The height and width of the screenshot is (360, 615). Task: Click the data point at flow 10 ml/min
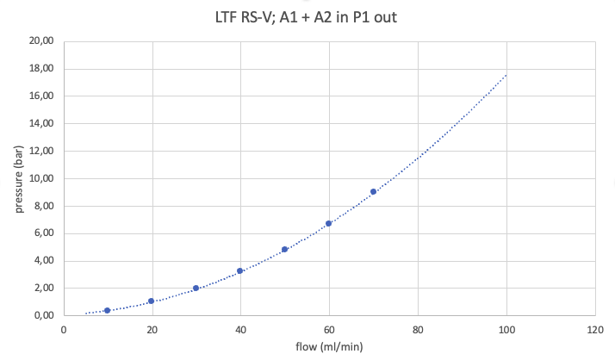(107, 310)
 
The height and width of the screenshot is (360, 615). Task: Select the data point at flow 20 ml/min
(151, 301)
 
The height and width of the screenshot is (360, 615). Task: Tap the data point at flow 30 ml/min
(196, 288)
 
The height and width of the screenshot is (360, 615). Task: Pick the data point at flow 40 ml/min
(240, 270)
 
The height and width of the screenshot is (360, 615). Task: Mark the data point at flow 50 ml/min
(284, 249)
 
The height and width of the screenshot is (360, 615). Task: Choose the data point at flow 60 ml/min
(328, 223)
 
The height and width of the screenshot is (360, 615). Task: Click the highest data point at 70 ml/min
(373, 191)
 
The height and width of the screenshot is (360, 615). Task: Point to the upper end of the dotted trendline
(506, 75)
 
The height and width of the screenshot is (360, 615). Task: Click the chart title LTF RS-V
(307, 16)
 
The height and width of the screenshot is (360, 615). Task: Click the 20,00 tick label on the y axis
(40, 41)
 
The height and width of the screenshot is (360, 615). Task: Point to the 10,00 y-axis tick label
(40, 178)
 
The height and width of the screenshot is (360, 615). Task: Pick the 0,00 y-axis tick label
(43, 315)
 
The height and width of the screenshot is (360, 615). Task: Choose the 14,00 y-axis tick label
(40, 123)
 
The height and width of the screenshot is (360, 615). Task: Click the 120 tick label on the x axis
(594, 330)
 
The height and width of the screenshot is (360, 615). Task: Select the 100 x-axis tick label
(506, 330)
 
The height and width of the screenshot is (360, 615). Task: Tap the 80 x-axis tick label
(418, 330)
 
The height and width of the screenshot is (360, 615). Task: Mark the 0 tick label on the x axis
(63, 330)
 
